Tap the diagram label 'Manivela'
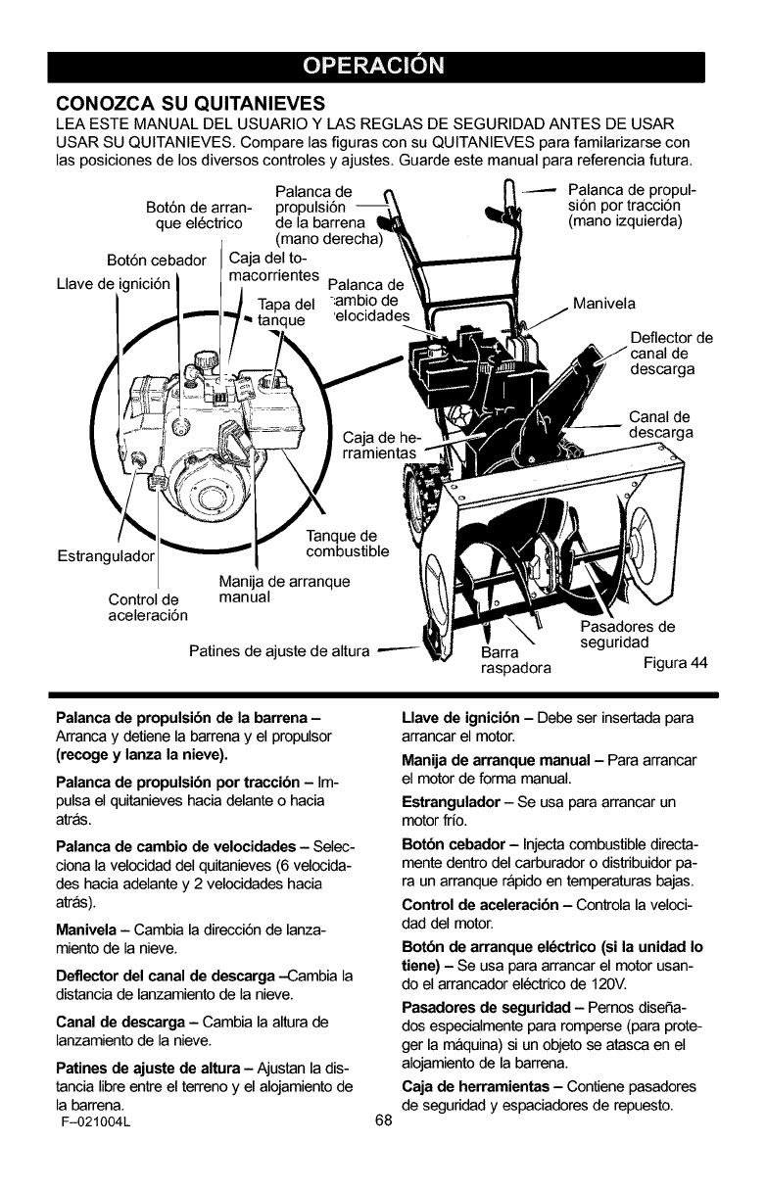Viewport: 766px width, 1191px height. click(604, 303)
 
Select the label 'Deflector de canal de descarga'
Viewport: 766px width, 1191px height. click(671, 354)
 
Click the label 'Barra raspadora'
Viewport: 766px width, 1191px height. click(516, 662)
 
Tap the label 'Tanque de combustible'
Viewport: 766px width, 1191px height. click(348, 544)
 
